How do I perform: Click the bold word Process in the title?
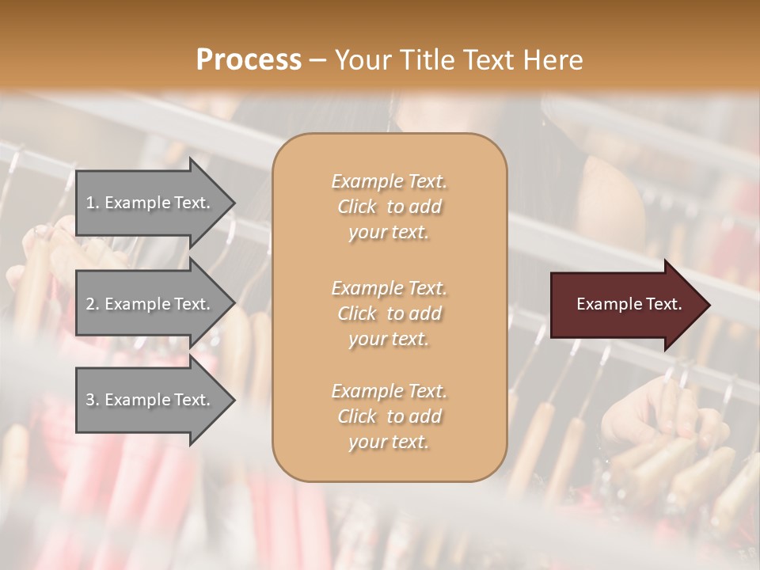[x=249, y=60]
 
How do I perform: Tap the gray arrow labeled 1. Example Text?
[x=150, y=203]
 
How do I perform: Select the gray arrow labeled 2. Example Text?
[x=150, y=304]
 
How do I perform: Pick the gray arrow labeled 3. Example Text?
[x=150, y=400]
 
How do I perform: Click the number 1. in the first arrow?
[x=92, y=203]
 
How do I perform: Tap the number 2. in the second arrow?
[x=92, y=304]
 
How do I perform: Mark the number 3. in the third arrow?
[x=92, y=400]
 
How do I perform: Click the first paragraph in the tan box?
[x=389, y=207]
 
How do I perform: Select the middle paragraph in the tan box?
[x=389, y=313]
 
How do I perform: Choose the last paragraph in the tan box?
[x=389, y=416]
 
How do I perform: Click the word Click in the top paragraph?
[x=356, y=207]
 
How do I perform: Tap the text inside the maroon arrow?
[x=629, y=304]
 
